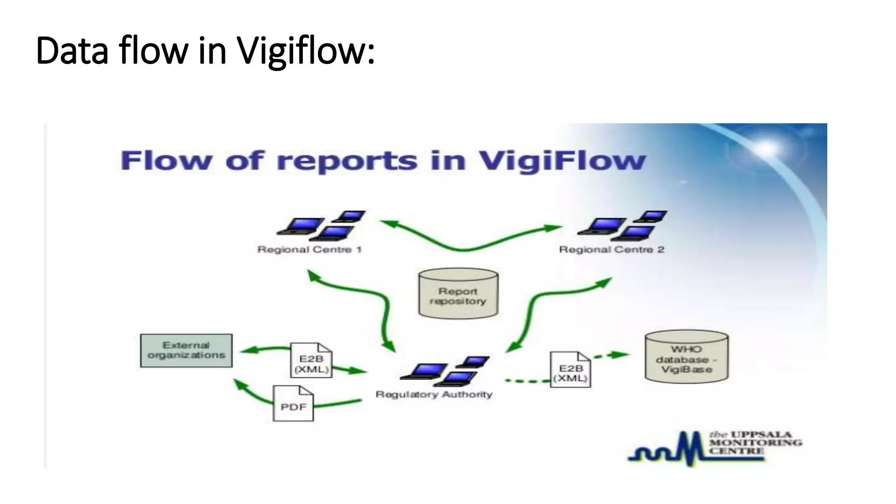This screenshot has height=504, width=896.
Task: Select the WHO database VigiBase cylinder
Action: pyautogui.click(x=686, y=357)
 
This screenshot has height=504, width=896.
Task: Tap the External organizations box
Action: pyautogui.click(x=186, y=350)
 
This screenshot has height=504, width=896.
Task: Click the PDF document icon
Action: pyautogui.click(x=293, y=404)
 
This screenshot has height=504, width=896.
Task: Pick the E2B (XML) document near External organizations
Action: pyautogui.click(x=311, y=360)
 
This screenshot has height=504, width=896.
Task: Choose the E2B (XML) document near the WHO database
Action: pyautogui.click(x=570, y=370)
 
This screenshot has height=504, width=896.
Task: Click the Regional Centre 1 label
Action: pyautogui.click(x=309, y=250)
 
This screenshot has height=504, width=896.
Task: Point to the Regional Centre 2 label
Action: pyautogui.click(x=611, y=250)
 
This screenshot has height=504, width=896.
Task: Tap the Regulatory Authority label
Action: pyautogui.click(x=434, y=395)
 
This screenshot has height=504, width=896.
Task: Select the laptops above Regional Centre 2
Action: pyautogui.click(x=623, y=226)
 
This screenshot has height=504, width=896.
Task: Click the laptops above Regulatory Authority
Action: pyautogui.click(x=445, y=371)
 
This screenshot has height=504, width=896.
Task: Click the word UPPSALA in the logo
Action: pyautogui.click(x=761, y=434)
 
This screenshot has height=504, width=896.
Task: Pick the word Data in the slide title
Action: pyautogui.click(x=72, y=51)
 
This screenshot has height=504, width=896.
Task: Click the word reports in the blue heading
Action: pyautogui.click(x=347, y=161)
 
